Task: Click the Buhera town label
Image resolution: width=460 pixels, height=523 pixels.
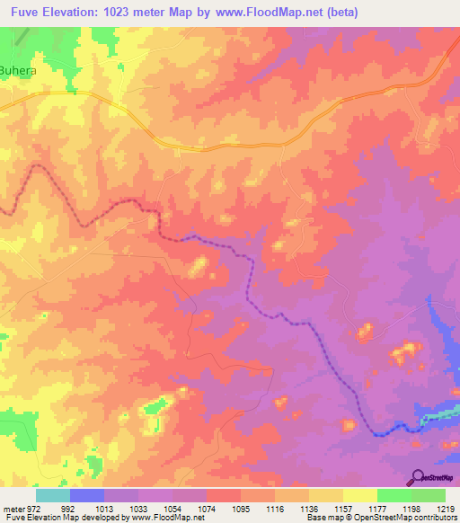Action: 18,67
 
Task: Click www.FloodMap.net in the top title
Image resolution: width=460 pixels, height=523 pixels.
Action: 326,13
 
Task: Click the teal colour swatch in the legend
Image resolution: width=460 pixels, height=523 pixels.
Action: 52,495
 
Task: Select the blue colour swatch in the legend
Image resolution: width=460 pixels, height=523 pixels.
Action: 86,495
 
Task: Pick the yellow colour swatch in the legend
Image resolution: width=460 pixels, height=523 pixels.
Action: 359,495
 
